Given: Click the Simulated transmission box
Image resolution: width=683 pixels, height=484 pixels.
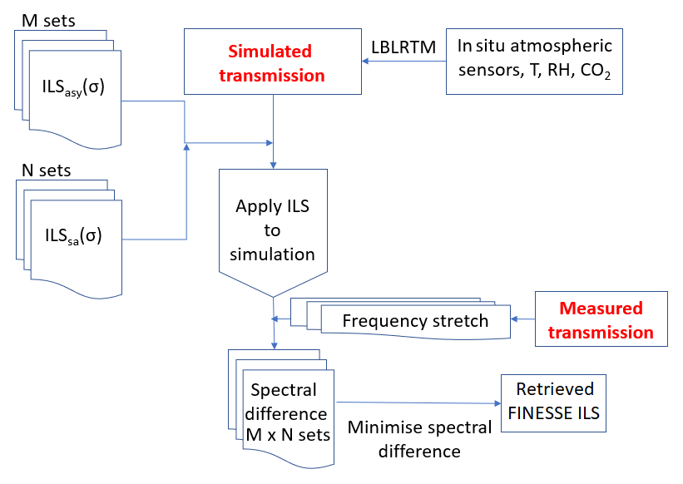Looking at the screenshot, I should tap(272, 63).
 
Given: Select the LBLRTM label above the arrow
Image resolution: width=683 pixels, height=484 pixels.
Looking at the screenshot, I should tap(405, 47).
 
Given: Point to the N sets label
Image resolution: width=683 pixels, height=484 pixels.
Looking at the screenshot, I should tap(46, 171).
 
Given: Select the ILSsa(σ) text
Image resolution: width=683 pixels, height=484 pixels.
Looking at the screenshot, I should tap(73, 235).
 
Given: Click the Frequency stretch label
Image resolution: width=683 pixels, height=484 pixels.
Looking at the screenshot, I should tap(415, 321).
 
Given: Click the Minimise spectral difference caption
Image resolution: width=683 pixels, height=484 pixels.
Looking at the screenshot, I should tap(418, 440).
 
